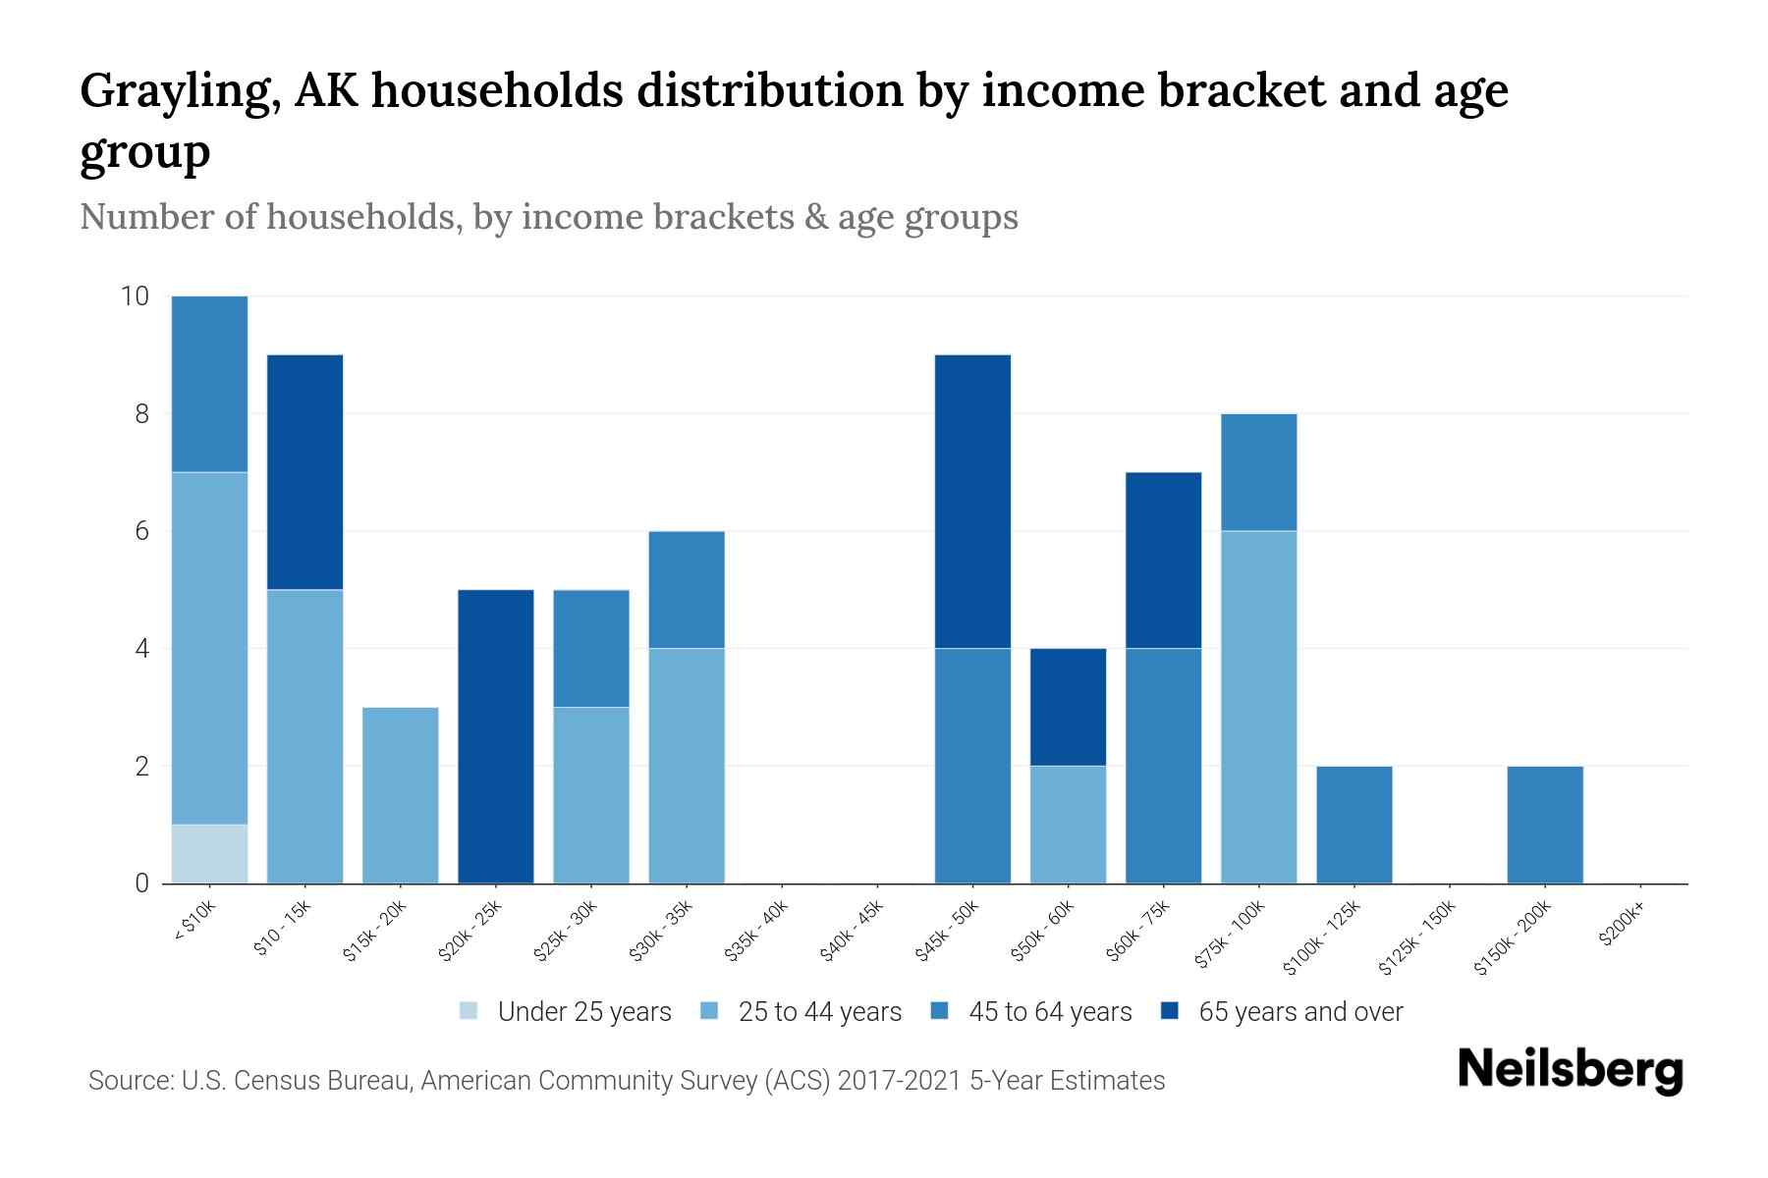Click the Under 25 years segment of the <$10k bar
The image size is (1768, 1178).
pyautogui.click(x=209, y=853)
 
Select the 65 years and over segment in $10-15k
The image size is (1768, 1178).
pyautogui.click(x=304, y=472)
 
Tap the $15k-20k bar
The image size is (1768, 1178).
pyautogui.click(x=400, y=795)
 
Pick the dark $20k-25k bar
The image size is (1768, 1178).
pyautogui.click(x=495, y=736)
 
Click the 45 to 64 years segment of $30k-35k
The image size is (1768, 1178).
pyautogui.click(x=687, y=589)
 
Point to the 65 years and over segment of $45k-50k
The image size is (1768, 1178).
pyautogui.click(x=972, y=501)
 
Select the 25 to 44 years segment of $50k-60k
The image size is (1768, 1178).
pyautogui.click(x=1068, y=825)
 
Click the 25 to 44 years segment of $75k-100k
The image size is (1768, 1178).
pyautogui.click(x=1258, y=707)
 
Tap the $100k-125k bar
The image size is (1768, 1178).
pyautogui.click(x=1354, y=825)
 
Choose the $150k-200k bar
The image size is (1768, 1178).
pyautogui.click(x=1545, y=825)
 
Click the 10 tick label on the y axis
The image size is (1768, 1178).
pyautogui.click(x=135, y=296)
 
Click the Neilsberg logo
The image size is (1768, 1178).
pyautogui.click(x=1570, y=1069)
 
